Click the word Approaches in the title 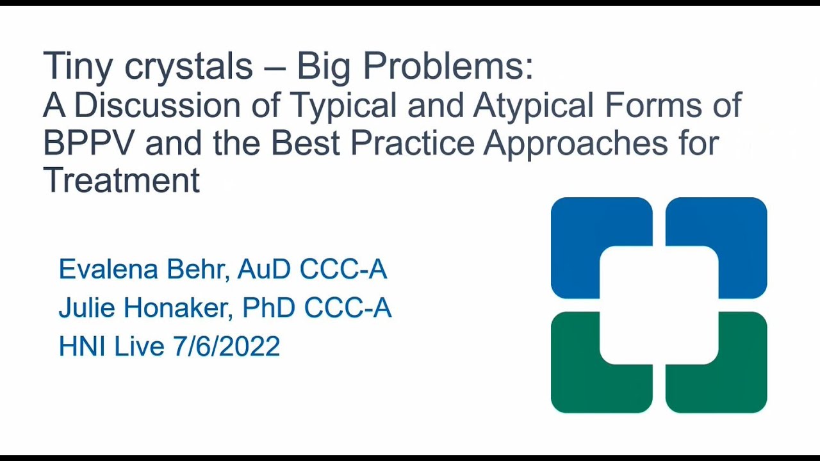pyautogui.click(x=575, y=144)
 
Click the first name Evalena pyautogui.click(x=108, y=270)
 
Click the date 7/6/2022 pyautogui.click(x=226, y=346)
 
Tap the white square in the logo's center pyautogui.click(x=659, y=305)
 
